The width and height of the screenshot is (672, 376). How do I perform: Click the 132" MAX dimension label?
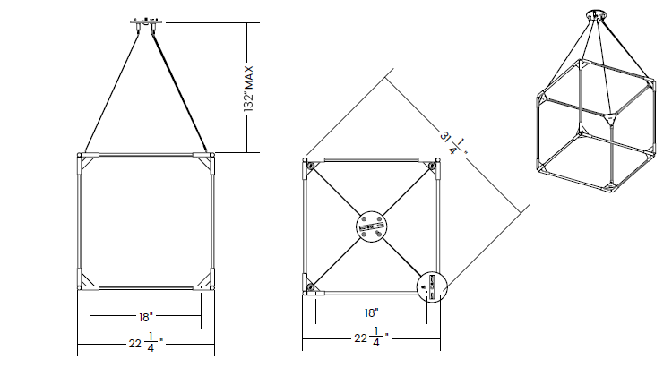(249, 89)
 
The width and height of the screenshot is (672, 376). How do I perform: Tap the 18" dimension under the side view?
(146, 317)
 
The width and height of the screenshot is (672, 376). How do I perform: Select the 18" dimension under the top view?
(371, 312)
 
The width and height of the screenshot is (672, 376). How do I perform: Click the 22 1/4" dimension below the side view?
(146, 342)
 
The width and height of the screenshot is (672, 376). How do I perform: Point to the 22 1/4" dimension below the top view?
(372, 337)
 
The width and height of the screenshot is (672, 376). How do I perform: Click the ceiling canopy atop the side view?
(146, 24)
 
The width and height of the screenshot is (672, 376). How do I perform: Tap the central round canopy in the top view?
(372, 226)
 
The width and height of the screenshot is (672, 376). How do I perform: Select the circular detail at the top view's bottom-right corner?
(432, 286)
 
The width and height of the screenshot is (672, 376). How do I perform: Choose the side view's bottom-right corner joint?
(204, 279)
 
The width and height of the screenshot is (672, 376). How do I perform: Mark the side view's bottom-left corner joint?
(88, 279)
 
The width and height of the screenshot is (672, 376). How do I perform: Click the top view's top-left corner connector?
(312, 166)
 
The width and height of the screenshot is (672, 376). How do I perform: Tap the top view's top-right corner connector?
(430, 166)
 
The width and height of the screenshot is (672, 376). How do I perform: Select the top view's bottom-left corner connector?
(312, 286)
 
